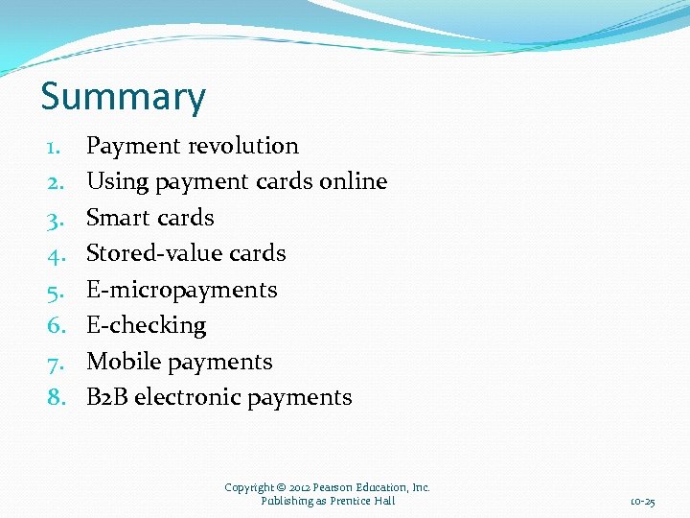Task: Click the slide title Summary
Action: coord(123,97)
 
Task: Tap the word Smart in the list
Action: coord(116,218)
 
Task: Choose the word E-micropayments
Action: coord(181,290)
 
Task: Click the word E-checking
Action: coord(146,326)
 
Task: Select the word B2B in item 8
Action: coord(106,397)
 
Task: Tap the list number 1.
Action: coord(55,147)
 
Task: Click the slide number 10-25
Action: coord(642,502)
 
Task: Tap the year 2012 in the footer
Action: coord(301,487)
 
